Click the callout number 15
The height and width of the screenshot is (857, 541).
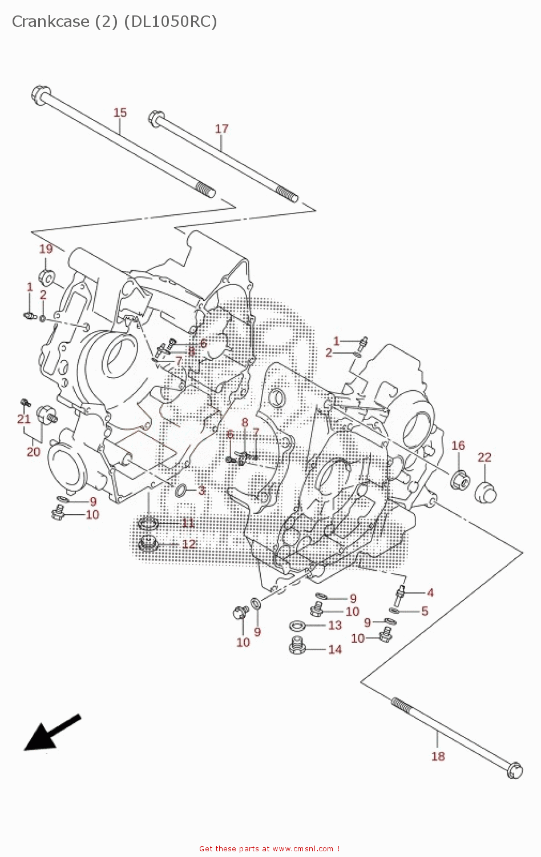120,113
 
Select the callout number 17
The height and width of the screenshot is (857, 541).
221,129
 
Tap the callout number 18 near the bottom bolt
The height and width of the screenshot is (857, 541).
438,756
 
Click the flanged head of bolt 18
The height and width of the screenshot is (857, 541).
515,770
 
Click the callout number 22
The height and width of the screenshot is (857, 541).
484,457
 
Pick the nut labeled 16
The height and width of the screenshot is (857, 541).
460,479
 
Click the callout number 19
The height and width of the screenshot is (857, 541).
46,249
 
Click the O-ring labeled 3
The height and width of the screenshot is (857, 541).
181,490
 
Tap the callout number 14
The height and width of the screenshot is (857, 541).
335,650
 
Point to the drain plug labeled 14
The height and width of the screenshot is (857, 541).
296,646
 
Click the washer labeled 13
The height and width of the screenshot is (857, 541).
297,626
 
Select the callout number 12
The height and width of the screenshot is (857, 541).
189,544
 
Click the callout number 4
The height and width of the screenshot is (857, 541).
430,593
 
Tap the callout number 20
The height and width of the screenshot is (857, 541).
34,452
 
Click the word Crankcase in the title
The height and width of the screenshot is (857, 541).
50,22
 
